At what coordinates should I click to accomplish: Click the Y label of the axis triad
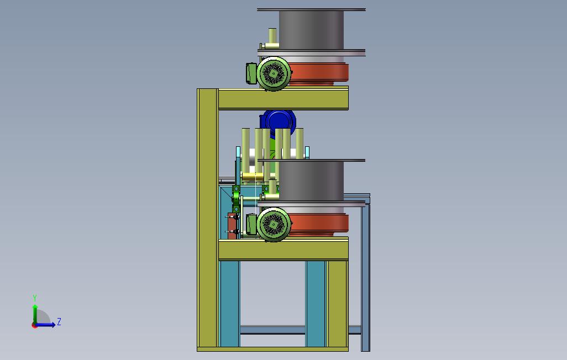click(35, 298)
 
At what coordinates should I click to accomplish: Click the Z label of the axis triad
click(59, 321)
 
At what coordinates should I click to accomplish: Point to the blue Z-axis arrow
click(45, 325)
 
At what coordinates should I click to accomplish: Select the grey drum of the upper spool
click(311, 30)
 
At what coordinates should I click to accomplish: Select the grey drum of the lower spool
click(311, 181)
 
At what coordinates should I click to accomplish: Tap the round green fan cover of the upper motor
click(274, 74)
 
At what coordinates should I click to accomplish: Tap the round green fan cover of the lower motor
click(274, 225)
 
